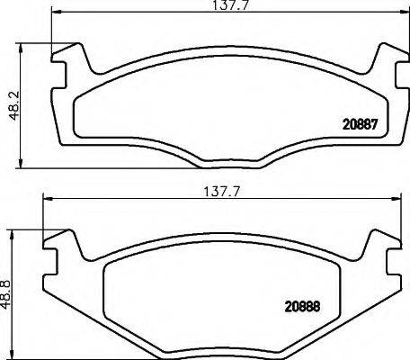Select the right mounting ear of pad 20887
381,67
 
